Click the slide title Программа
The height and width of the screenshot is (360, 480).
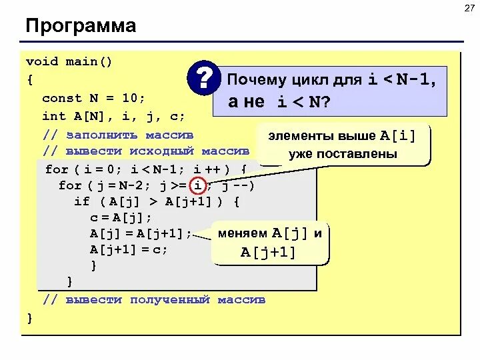[x=81, y=27]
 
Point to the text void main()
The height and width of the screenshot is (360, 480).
[x=69, y=62]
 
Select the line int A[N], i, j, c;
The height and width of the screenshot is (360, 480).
[x=113, y=115]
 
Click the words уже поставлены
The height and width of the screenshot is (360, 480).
[x=343, y=154]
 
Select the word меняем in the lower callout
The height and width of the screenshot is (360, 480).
[x=243, y=233]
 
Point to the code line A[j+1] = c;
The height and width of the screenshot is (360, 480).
[x=129, y=249]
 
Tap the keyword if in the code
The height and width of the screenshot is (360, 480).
[x=81, y=201]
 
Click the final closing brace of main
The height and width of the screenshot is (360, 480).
[x=29, y=317]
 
